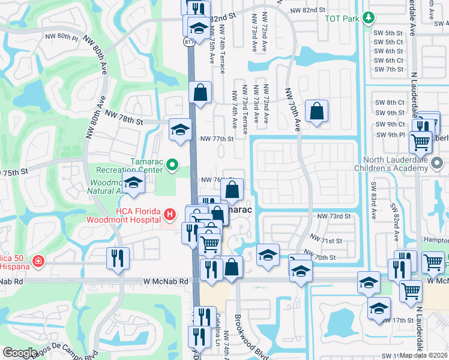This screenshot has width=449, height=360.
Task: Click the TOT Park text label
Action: (342, 19)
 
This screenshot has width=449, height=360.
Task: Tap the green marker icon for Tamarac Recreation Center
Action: (173, 164)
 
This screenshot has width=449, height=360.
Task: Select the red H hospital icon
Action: (170, 214)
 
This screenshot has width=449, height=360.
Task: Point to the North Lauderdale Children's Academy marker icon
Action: (439, 163)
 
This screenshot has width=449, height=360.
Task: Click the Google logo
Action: (19, 353)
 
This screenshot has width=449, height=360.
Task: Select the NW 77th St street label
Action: (215, 139)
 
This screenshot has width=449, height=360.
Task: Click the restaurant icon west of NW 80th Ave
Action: (118, 258)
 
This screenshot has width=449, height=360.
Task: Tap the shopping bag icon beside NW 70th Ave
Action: (316, 111)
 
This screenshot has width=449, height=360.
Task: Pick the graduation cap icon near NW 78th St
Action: (179, 130)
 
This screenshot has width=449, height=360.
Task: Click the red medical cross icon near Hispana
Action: (38, 261)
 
